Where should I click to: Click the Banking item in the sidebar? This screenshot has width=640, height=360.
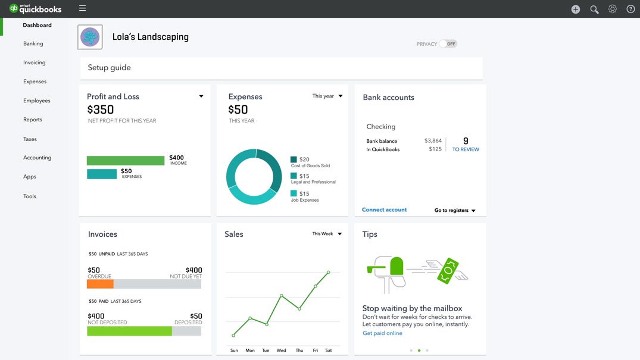[x=33, y=43]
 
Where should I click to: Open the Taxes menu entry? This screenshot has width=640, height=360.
[x=30, y=139]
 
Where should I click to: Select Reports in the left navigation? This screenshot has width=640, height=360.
[x=33, y=120]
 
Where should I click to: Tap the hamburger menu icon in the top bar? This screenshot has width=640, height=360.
[x=82, y=8]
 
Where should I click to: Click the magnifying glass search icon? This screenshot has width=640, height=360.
[x=594, y=9]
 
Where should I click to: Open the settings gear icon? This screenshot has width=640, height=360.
[x=612, y=9]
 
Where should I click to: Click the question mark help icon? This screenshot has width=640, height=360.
[x=630, y=9]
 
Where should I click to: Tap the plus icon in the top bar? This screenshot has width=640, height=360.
[x=576, y=9]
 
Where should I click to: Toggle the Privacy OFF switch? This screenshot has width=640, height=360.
[x=448, y=44]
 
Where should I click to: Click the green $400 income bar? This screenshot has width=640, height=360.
[x=126, y=161]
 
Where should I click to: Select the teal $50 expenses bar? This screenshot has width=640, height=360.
[x=102, y=174]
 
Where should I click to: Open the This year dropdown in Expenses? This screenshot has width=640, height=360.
[x=327, y=96]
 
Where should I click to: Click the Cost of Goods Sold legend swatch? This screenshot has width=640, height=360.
[x=294, y=159]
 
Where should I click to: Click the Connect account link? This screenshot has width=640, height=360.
[x=385, y=210]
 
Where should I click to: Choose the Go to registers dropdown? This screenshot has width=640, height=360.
[x=455, y=211]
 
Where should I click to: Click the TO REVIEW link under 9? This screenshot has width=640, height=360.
[x=466, y=149]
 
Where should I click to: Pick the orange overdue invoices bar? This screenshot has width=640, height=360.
[x=100, y=284]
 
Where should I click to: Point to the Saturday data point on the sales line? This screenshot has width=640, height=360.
[x=328, y=273]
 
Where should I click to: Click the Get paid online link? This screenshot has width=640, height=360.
[x=382, y=333]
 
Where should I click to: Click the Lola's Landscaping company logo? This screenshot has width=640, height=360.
[x=90, y=37]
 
